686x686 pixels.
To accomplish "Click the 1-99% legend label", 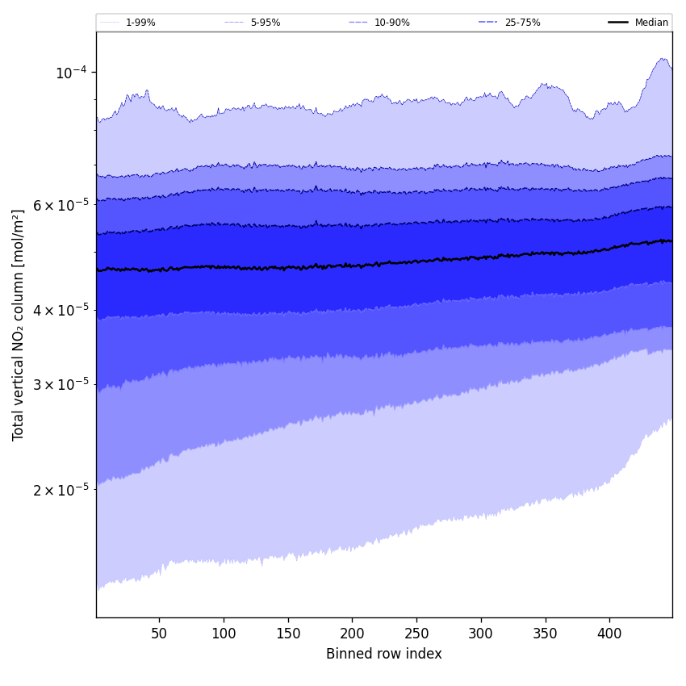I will pos(140,23).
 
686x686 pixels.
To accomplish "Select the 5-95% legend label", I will pos(266,23).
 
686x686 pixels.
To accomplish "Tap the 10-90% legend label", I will pos(391,23).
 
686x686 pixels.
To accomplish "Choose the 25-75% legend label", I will pos(522,23).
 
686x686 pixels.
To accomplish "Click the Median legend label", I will pos(651,23).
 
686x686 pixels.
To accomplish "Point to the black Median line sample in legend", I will pos(618,23).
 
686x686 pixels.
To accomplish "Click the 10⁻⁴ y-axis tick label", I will pos(70,73).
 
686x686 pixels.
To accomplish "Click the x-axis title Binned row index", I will pos(384,654).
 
